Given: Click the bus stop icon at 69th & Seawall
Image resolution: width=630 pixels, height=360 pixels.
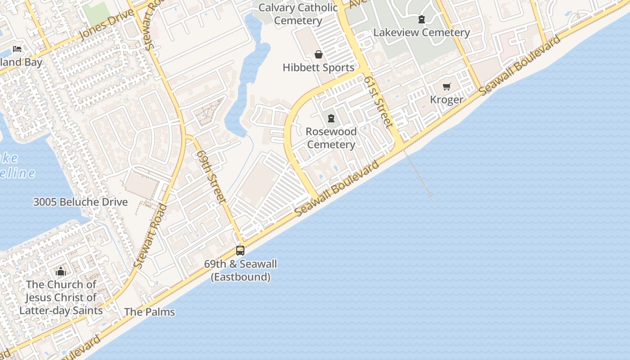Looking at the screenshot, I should click(x=240, y=251).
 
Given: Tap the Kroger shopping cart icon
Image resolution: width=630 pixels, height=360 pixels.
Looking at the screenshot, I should click(x=446, y=87).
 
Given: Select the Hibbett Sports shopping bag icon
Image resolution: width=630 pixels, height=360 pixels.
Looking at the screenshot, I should click(x=319, y=55).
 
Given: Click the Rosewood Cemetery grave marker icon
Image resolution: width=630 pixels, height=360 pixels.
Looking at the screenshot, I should click(x=331, y=119).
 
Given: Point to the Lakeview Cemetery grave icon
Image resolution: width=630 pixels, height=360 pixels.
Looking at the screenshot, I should click(x=422, y=19).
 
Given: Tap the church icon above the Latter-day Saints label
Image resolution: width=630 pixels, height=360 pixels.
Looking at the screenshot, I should click(x=61, y=271).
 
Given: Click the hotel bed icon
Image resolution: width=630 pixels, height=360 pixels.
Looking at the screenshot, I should click(x=17, y=49).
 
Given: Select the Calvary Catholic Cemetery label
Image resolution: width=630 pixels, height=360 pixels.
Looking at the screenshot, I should click(x=298, y=14).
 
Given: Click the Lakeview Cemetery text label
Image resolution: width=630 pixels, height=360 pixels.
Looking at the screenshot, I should click(x=422, y=32).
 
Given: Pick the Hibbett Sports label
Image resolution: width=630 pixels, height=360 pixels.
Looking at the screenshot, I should click(x=319, y=67).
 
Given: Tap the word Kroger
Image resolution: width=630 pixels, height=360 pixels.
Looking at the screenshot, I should click(x=446, y=99).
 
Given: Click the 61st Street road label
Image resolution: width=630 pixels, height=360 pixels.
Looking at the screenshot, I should click(x=379, y=102).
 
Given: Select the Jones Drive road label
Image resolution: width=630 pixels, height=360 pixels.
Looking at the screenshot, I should click(x=107, y=25).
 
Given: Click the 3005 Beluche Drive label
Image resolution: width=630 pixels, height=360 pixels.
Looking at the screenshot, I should click(x=81, y=202).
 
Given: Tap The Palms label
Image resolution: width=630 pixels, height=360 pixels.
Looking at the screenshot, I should click(x=149, y=311).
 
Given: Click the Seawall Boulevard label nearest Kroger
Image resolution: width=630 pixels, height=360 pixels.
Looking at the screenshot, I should click(x=521, y=64).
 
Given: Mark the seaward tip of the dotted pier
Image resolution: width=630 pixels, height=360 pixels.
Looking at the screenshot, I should click(x=431, y=196).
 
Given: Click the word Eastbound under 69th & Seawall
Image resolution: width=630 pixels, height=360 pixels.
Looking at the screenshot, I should click(x=241, y=277).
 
